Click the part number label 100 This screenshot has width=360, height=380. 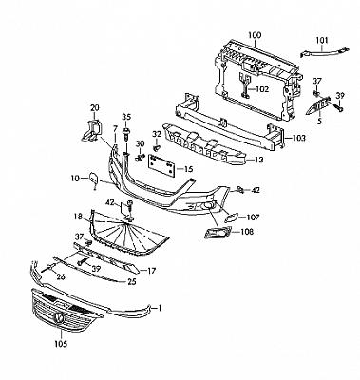tap(255, 35)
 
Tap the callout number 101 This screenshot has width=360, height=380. tap(322, 41)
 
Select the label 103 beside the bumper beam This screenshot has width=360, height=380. tap(299, 138)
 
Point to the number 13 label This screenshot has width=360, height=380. tap(258, 160)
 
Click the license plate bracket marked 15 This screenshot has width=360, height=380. tap(161, 166)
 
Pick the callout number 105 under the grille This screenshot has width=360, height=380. tap(61, 344)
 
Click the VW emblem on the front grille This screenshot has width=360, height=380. tap(59, 317)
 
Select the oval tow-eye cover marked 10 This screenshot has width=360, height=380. tap(94, 180)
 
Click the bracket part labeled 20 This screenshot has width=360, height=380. tap(91, 131)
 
